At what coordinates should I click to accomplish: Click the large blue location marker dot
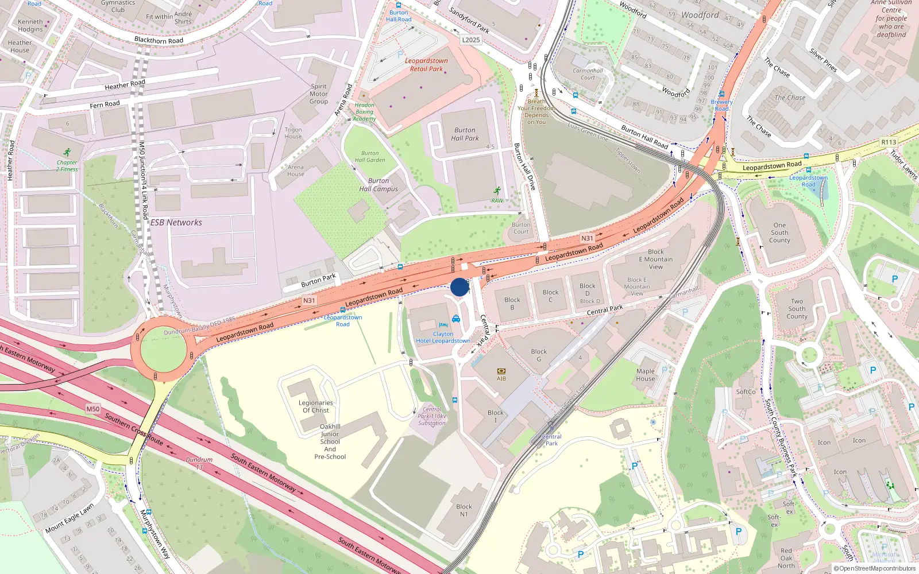tap(459, 287)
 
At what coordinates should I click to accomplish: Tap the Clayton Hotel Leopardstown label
tap(443, 338)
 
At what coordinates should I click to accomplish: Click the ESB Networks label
tap(176, 223)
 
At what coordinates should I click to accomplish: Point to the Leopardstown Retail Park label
tap(426, 65)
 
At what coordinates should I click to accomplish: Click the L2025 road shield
tap(471, 40)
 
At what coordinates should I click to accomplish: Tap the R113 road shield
tap(889, 142)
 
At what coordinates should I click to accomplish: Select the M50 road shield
tap(92, 409)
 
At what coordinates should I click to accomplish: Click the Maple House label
tap(646, 375)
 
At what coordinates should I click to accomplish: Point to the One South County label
tap(779, 233)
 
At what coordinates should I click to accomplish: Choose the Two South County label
tap(797, 309)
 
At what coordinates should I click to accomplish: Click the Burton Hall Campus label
tap(379, 185)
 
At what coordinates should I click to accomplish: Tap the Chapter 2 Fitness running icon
tap(68, 152)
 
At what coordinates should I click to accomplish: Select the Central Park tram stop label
tap(551, 440)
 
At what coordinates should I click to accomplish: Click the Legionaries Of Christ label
tap(316, 406)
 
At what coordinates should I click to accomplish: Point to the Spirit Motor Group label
tap(319, 94)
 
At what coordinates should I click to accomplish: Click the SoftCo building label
tap(746, 392)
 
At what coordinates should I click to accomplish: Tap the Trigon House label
tap(293, 133)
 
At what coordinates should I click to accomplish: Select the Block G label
tap(539, 355)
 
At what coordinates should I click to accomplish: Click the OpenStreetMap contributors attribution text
tap(875, 569)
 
